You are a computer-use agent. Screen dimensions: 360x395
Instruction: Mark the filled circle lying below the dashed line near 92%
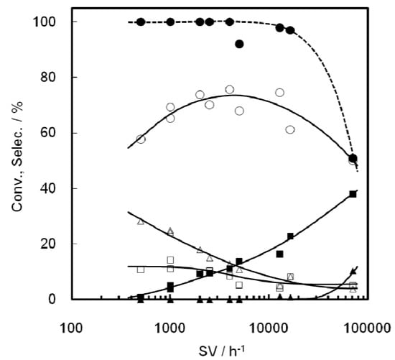(x=239, y=44)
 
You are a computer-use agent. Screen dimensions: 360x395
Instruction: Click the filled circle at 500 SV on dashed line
(x=141, y=22)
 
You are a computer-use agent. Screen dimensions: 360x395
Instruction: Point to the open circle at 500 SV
(x=141, y=139)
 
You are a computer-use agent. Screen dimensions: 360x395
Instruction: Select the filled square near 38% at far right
(x=353, y=194)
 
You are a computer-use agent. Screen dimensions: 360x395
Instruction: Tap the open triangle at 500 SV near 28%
(x=141, y=221)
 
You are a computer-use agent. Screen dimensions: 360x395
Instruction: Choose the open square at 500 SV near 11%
(x=141, y=269)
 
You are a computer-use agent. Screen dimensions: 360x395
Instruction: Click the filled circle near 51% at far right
(x=353, y=158)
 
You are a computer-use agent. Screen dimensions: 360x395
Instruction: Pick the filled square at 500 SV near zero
(x=141, y=297)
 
